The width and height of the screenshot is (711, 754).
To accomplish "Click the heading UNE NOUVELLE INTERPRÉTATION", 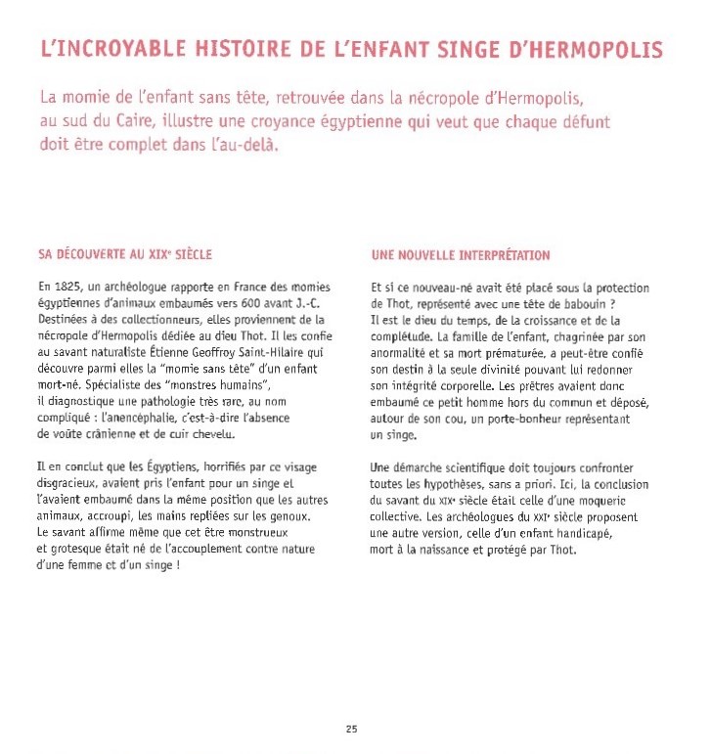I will (x=461, y=255).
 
